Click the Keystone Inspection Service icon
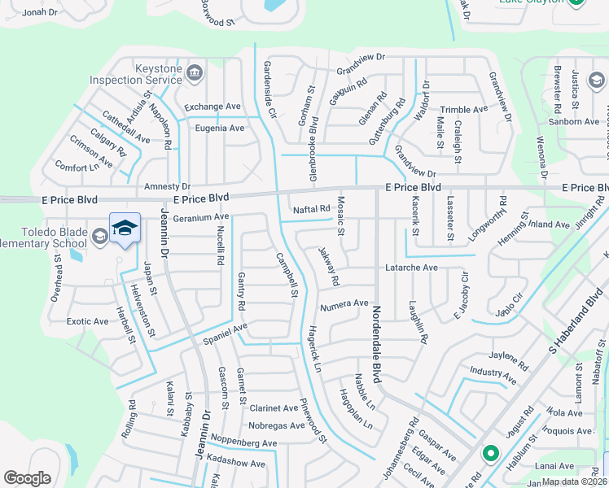pos(194,75)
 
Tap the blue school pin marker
pos(125,229)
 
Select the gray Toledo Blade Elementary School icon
pos(99,237)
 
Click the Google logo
pos(28,478)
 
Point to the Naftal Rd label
pos(311,209)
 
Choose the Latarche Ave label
pos(411,267)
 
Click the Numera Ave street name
pos(344,304)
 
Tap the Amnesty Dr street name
pos(167,186)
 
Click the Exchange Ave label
pos(212,107)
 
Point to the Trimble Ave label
pos(463,110)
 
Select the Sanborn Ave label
pos(574,122)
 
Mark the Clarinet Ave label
pos(274,408)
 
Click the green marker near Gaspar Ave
pos(490,454)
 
